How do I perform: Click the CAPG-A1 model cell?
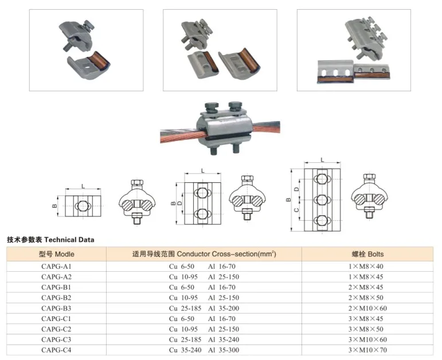click(x=56, y=267)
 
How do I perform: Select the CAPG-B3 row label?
click(x=56, y=308)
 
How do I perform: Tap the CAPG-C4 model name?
click(x=56, y=349)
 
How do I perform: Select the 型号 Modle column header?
click(x=56, y=253)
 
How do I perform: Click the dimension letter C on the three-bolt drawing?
click(x=296, y=210)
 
